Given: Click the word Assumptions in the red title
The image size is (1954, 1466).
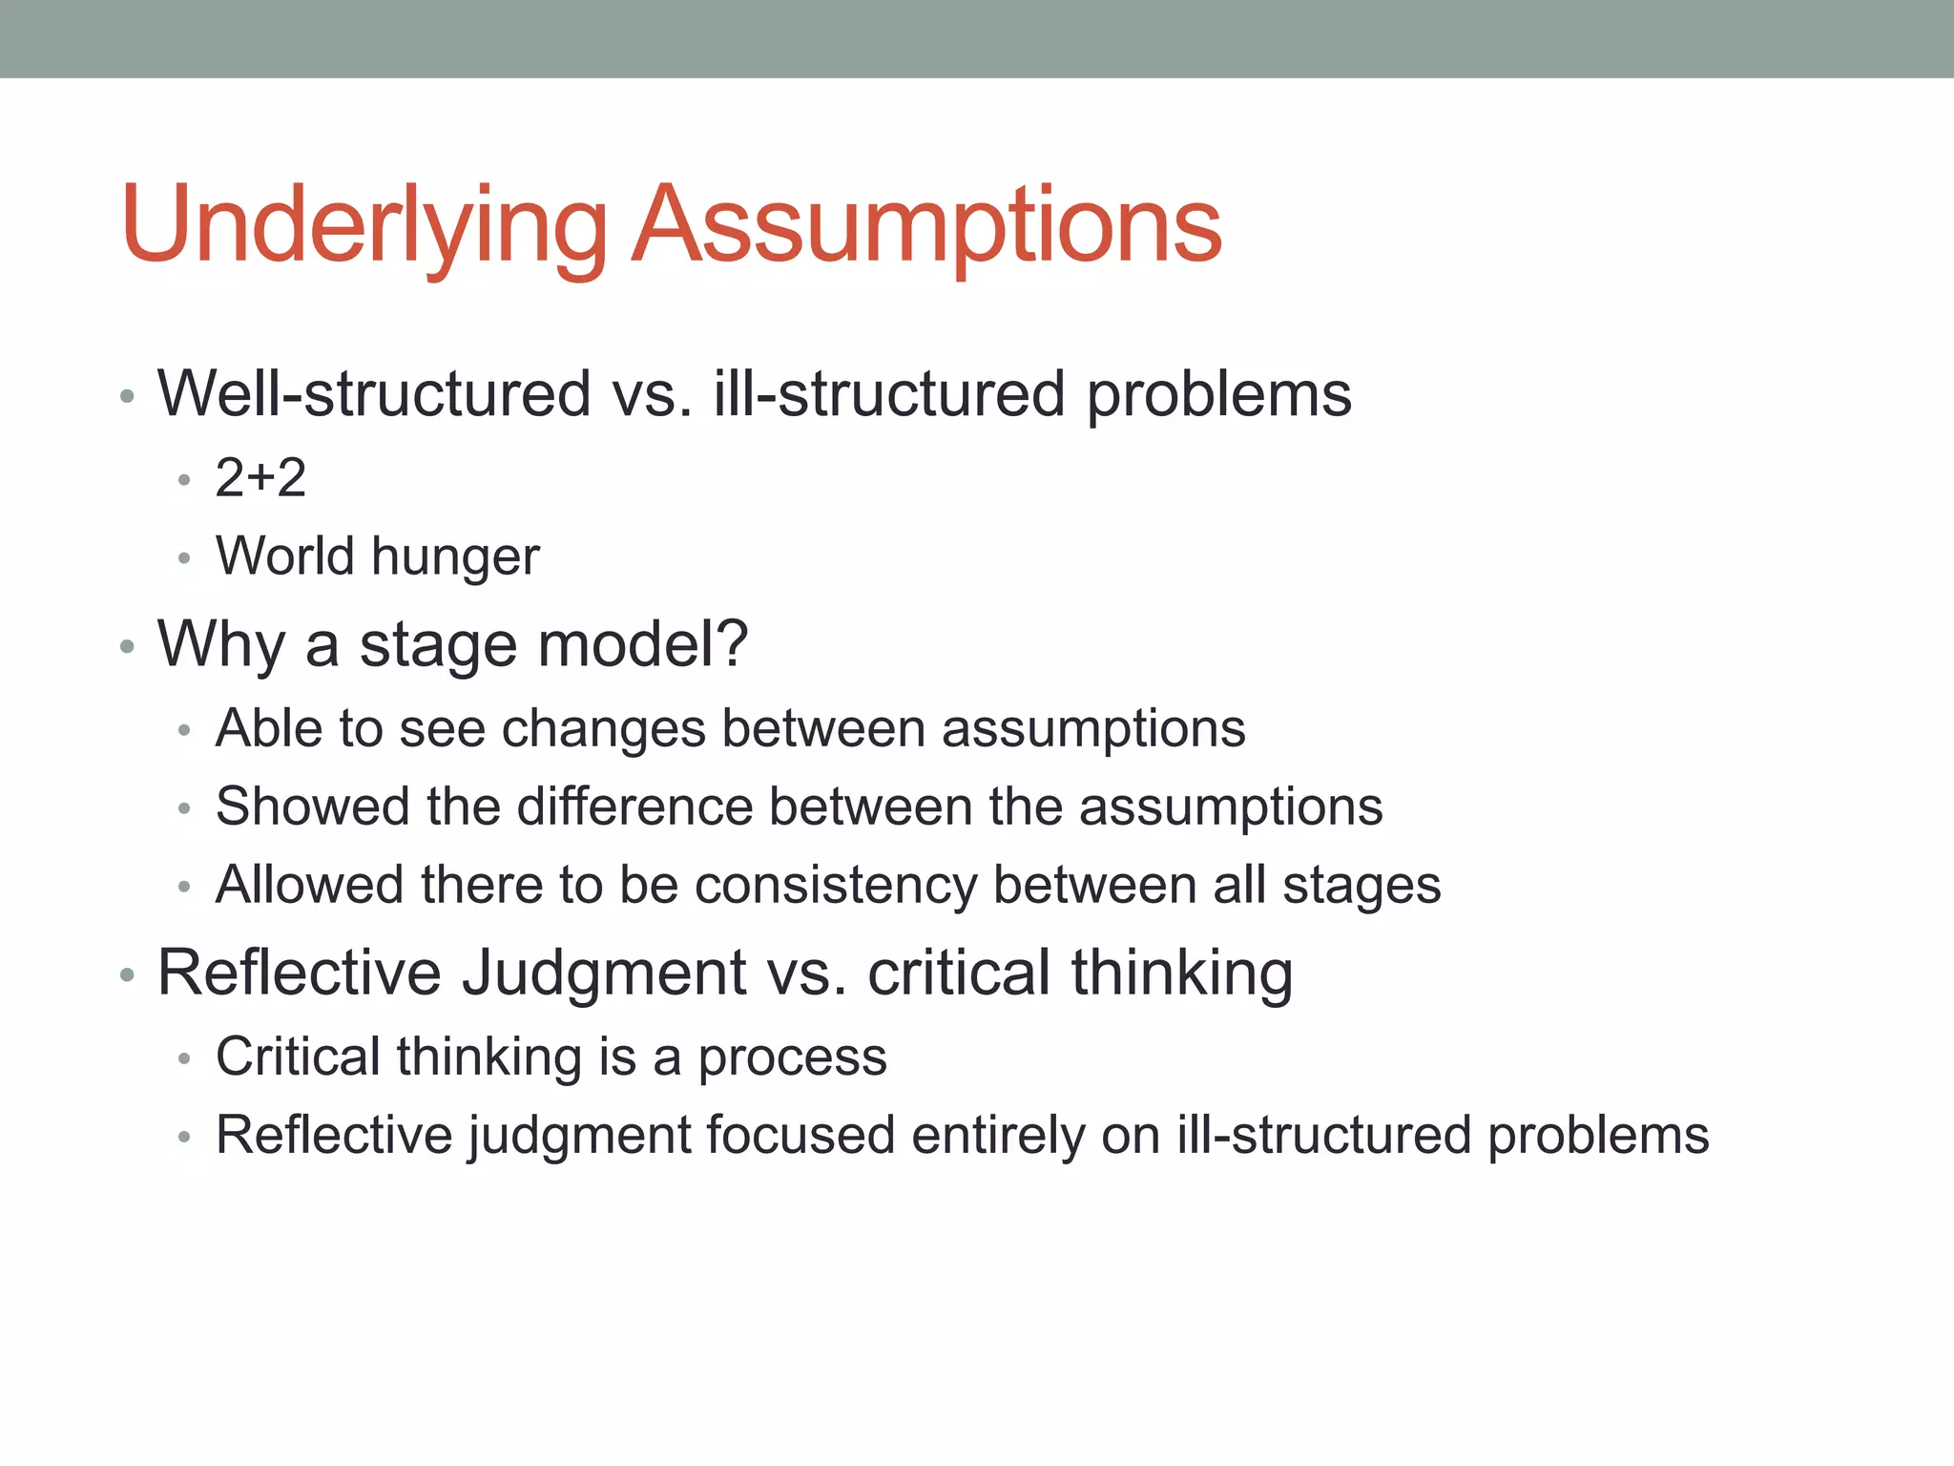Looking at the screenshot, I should click(926, 225).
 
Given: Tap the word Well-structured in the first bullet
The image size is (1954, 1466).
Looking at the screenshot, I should click(374, 393).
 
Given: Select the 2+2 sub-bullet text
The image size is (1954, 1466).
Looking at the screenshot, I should click(260, 477).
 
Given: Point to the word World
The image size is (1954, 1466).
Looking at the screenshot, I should click(285, 555).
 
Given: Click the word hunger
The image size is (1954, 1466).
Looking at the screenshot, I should click(456, 557).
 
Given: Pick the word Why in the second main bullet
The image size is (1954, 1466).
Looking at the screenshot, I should click(221, 644).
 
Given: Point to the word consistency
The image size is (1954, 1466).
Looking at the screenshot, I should click(836, 886).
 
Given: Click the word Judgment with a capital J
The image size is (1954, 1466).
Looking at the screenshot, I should click(604, 974).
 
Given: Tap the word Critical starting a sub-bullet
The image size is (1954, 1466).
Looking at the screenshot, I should click(298, 1057).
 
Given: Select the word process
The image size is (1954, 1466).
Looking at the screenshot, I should click(792, 1058).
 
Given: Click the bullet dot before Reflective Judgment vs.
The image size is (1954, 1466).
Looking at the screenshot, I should click(127, 975).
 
